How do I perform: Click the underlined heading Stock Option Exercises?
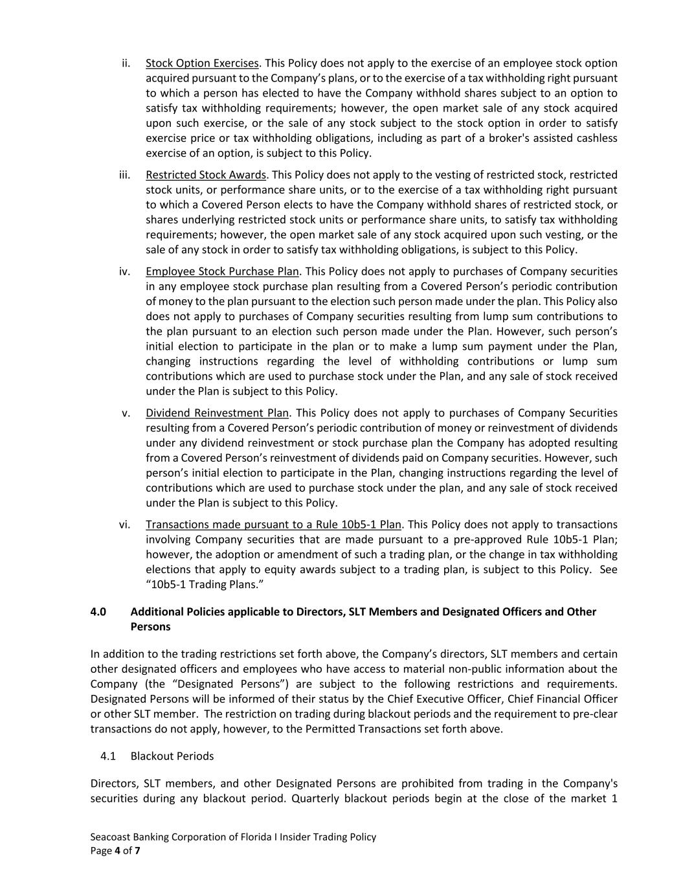[202, 63]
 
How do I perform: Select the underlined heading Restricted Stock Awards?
[206, 175]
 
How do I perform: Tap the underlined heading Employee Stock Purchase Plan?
[222, 271]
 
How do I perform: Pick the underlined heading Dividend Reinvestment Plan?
[217, 413]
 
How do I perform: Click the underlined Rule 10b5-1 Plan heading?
[273, 525]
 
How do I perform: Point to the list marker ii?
[126, 63]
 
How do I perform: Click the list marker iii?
[125, 175]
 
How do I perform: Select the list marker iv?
[125, 271]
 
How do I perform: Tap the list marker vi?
[125, 525]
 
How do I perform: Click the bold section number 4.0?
[98, 612]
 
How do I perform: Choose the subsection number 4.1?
[108, 756]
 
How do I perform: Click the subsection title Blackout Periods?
[172, 756]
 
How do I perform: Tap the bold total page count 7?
[137, 851]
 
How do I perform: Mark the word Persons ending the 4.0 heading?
[150, 627]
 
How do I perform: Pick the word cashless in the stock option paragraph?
[597, 139]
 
